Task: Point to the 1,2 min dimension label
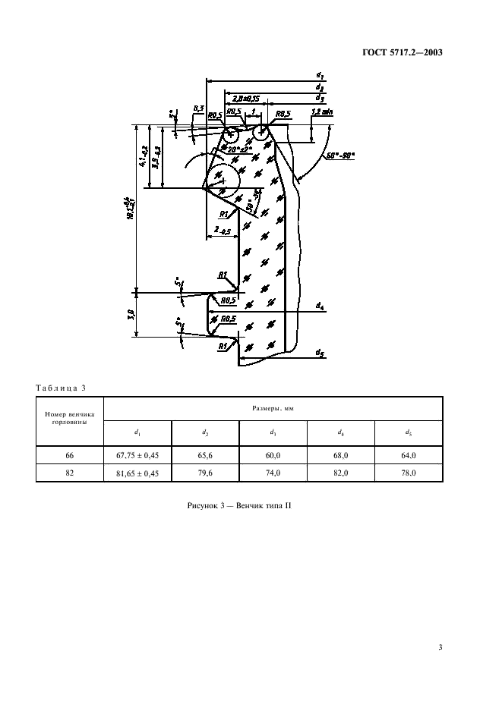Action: (x=322, y=112)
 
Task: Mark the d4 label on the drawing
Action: (x=320, y=306)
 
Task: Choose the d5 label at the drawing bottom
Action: (x=320, y=350)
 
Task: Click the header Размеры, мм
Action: (x=273, y=408)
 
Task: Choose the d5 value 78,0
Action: (x=409, y=473)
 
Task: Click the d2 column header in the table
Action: (x=205, y=432)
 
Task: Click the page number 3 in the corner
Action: (x=440, y=647)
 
